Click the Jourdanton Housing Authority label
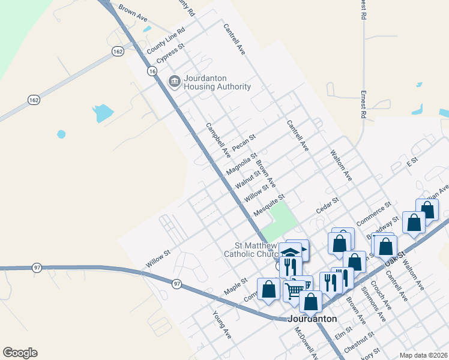point(217,82)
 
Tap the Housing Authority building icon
point(175,81)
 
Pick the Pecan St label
point(244,143)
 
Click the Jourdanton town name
point(312,319)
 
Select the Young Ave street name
point(221,323)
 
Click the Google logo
point(20,353)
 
